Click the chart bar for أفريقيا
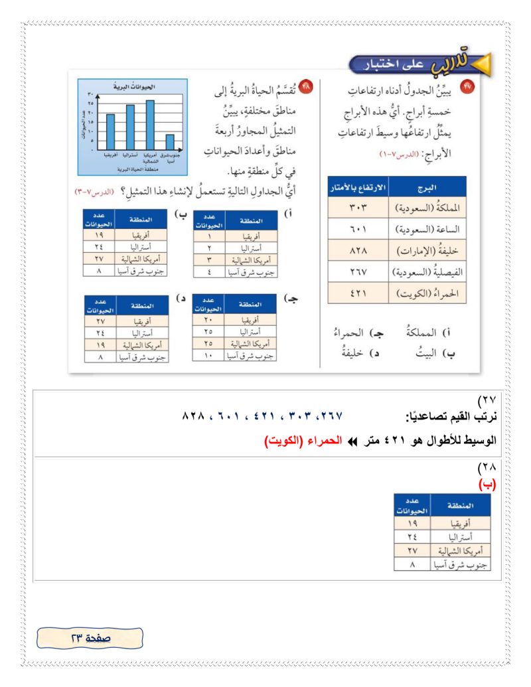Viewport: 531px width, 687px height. (110, 132)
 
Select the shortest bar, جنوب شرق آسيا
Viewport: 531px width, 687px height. (169, 142)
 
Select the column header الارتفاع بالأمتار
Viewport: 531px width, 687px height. (358, 187)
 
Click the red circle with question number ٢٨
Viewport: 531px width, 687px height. (306, 87)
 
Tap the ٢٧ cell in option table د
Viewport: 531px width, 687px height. (100, 320)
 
